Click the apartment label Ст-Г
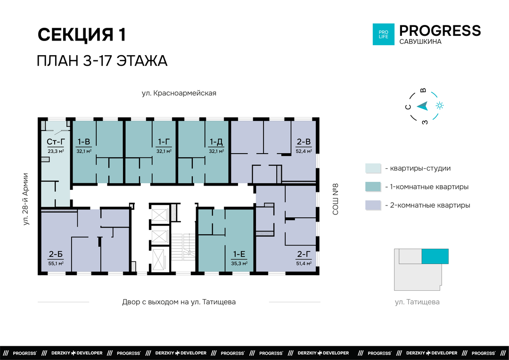[x=56, y=141]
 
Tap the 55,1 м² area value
[x=56, y=263]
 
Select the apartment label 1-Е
[x=239, y=254]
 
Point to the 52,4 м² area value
[x=304, y=151]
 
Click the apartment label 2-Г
[x=304, y=254]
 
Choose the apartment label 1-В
[x=84, y=141]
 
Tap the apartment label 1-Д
[x=216, y=141]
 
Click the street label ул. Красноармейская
[x=179, y=93]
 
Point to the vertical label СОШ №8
[x=336, y=199]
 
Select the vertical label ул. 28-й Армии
[x=25, y=199]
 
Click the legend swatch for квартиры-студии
[x=373, y=169]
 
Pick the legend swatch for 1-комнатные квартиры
[x=373, y=187]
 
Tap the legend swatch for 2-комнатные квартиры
[x=373, y=205]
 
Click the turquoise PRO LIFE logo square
[x=383, y=34]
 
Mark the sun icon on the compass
[x=440, y=106]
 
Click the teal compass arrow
[x=423, y=106]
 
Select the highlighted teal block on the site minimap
[x=435, y=256]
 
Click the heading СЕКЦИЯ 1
[x=82, y=35]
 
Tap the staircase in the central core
[x=183, y=247]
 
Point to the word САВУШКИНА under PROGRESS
[x=420, y=41]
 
